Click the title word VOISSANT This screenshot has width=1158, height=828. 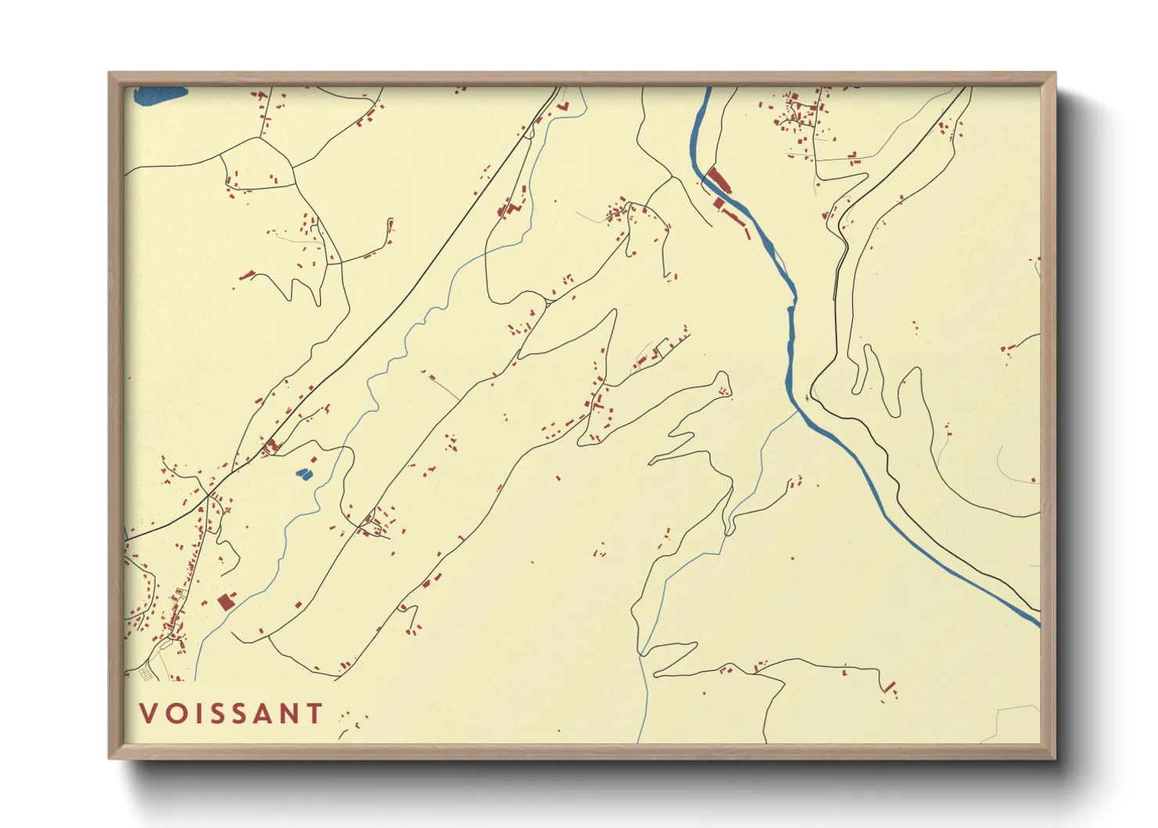(x=232, y=713)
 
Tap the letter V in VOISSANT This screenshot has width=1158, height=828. (x=147, y=713)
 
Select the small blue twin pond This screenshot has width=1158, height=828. (x=302, y=473)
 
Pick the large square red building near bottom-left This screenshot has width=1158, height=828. (x=226, y=601)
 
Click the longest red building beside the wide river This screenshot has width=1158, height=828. (x=719, y=181)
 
